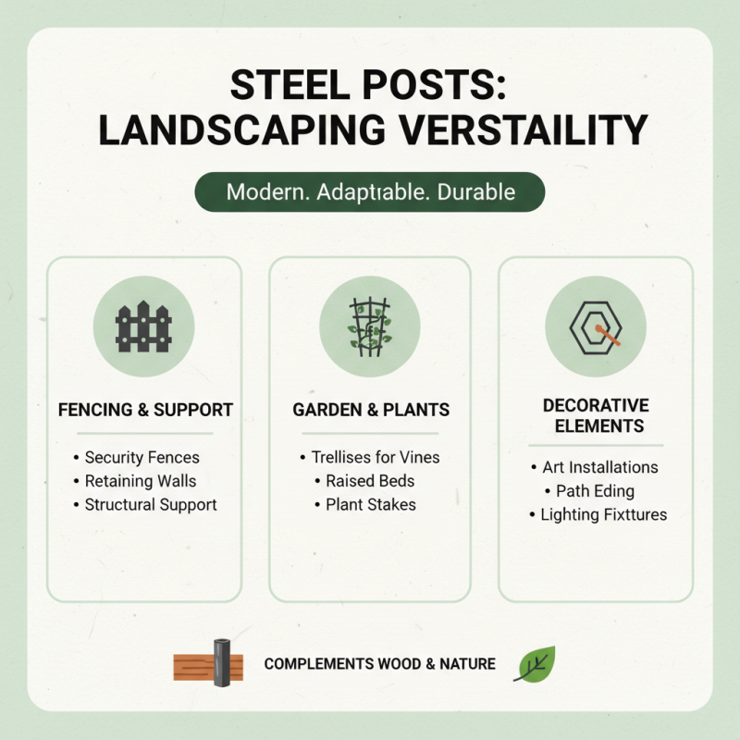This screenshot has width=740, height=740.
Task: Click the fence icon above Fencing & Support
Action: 144,327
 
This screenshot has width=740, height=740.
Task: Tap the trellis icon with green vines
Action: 370,327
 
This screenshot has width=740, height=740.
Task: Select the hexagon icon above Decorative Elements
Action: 596,327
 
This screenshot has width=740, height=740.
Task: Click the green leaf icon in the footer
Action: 535,664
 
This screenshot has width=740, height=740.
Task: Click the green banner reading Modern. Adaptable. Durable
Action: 370,192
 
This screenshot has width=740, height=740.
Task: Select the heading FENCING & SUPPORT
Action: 144,409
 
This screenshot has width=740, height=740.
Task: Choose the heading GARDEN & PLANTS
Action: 370,409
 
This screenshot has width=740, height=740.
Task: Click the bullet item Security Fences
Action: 142,458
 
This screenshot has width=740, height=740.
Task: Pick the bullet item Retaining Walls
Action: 141,481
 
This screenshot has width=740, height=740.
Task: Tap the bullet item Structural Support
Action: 151,505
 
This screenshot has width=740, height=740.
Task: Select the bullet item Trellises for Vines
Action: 375,457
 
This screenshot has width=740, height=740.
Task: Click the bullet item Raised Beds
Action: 370,481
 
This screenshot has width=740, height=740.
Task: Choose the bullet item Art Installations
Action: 600,467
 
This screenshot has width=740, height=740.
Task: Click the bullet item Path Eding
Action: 602,490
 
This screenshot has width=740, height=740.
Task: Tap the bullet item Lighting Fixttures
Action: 603,514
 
